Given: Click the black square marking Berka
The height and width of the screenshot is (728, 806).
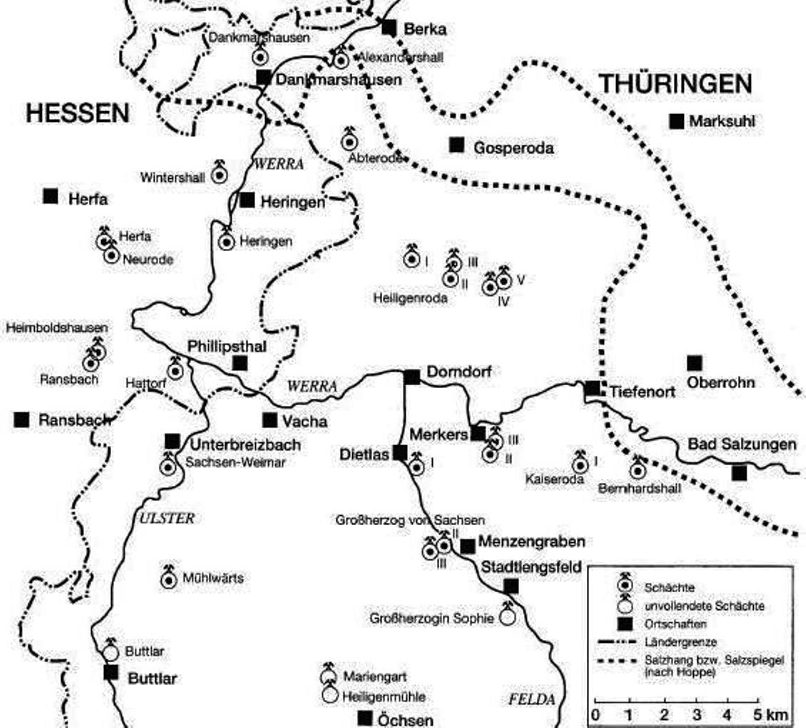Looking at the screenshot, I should (389, 27).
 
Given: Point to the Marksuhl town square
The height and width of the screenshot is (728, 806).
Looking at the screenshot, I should (677, 121).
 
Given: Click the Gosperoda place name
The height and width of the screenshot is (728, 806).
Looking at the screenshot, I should (513, 148).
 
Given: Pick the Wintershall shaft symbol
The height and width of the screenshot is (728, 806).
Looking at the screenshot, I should (219, 175).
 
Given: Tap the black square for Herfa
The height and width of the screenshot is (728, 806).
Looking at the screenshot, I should (50, 196).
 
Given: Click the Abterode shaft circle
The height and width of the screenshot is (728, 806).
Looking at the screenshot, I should (350, 142).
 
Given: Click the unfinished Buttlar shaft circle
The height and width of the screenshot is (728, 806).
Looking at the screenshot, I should (111, 653).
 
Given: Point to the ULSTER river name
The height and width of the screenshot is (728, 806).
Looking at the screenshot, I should (167, 519).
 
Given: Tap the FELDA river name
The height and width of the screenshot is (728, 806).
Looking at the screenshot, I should (532, 699).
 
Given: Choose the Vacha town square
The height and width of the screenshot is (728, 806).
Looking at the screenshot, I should (270, 420).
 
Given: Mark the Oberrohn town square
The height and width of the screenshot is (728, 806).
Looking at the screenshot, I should (694, 363).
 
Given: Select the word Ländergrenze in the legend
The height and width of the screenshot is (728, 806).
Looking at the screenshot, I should (680, 642).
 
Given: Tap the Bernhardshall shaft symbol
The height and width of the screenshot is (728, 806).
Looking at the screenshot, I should (638, 471).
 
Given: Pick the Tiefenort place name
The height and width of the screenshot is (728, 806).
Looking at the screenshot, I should (642, 392).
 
